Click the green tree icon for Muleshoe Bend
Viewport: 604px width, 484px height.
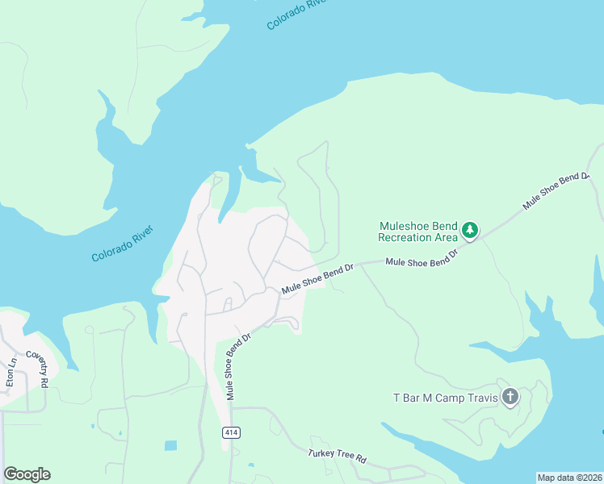pyautogui.click(x=470, y=232)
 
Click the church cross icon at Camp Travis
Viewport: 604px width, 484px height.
pyautogui.click(x=510, y=396)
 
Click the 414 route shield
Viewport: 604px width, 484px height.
pyautogui.click(x=232, y=433)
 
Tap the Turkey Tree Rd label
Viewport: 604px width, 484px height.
pyautogui.click(x=338, y=456)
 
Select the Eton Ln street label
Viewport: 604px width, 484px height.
pyautogui.click(x=11, y=373)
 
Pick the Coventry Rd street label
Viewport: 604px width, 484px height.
pyautogui.click(x=37, y=369)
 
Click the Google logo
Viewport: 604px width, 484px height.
pyautogui.click(x=27, y=474)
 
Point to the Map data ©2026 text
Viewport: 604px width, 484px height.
pyautogui.click(x=569, y=477)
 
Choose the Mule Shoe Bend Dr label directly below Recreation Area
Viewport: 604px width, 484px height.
pyautogui.click(x=422, y=259)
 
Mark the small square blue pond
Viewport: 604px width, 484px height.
pyautogui.click(x=170, y=445)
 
